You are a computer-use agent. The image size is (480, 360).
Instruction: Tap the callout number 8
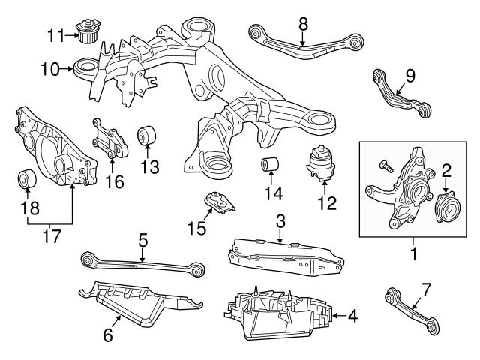[x=303, y=24]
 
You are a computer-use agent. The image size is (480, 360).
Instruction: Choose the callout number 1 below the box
[x=412, y=254]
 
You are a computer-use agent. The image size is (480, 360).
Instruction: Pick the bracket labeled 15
[x=219, y=202]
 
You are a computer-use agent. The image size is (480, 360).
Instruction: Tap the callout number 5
[x=142, y=241]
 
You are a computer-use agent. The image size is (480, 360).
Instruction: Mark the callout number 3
[x=280, y=221]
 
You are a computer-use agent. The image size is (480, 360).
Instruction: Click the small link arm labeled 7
[x=410, y=304]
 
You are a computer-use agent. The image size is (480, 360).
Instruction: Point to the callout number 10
[x=49, y=70]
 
